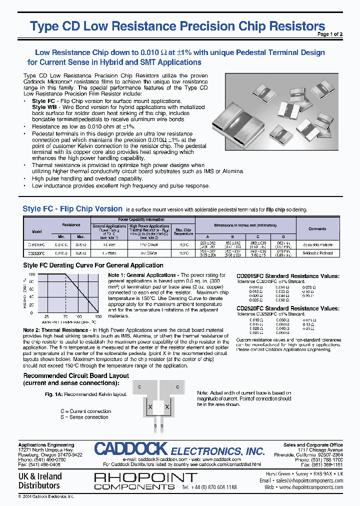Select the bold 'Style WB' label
coord(44,107)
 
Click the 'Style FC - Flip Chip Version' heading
coord(72,209)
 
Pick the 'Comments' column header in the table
coord(317,229)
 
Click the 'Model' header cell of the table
coord(37,232)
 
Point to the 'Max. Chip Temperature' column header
coord(183,232)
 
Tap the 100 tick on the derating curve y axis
coord(32,275)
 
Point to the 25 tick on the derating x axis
coord(46,317)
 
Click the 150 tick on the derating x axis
coord(97,317)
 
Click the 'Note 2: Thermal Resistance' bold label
coord(55,330)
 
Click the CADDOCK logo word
coord(131,449)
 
